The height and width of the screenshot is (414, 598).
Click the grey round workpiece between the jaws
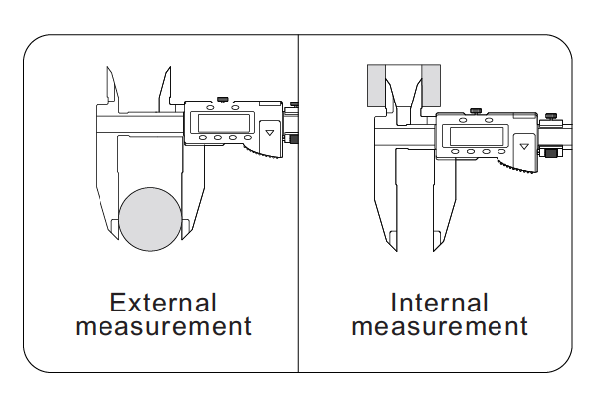tap(150, 221)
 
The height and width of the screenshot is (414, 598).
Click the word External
tap(163, 303)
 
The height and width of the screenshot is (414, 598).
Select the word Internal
tap(440, 303)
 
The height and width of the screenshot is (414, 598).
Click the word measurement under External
tap(163, 326)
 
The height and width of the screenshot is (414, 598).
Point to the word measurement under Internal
tap(440, 326)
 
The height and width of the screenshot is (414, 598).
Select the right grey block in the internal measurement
tap(430, 88)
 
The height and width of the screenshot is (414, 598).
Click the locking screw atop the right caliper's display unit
tap(477, 109)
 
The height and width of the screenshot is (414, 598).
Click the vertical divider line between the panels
tap(298, 199)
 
